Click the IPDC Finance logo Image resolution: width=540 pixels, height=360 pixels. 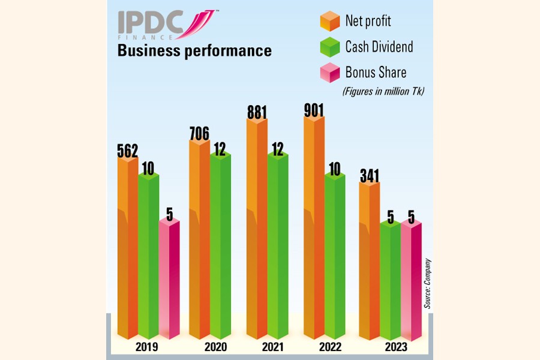[166, 26]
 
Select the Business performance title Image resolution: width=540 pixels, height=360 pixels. [194, 51]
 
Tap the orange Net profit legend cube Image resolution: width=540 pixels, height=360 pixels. [329, 21]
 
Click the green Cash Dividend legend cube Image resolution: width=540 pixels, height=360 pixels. [329, 47]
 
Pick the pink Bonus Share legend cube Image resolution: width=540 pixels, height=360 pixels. [329, 73]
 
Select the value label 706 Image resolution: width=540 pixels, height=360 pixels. [199, 133]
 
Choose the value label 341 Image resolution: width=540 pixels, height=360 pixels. [369, 176]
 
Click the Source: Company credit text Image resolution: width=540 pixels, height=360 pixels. [428, 283]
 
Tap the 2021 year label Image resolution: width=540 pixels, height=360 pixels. [272, 347]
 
